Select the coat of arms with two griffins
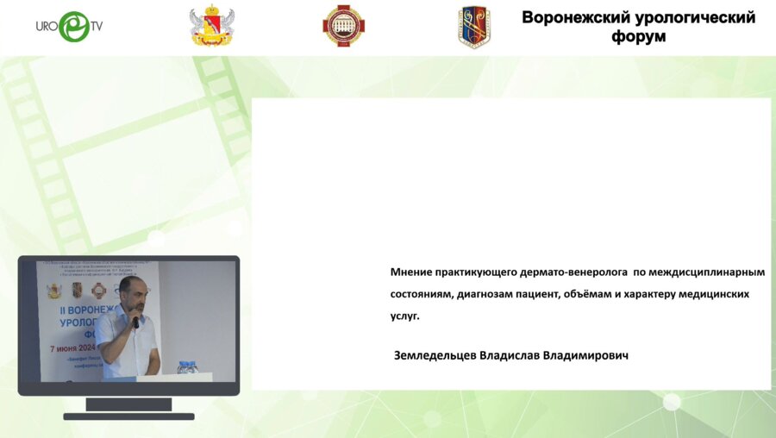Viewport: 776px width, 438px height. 210,27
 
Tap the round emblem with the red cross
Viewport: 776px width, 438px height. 343,26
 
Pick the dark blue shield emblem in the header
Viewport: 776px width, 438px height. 473,27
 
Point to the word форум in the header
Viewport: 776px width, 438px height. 639,37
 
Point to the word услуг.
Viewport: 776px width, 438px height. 405,316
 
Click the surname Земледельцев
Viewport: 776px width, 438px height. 435,355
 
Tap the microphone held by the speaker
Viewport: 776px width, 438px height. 135,322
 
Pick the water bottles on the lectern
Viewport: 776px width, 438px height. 187,367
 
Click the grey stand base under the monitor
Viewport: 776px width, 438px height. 128,416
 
